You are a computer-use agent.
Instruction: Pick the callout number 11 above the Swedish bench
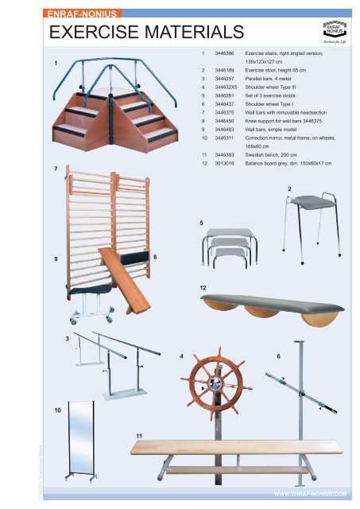tap(139, 436)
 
